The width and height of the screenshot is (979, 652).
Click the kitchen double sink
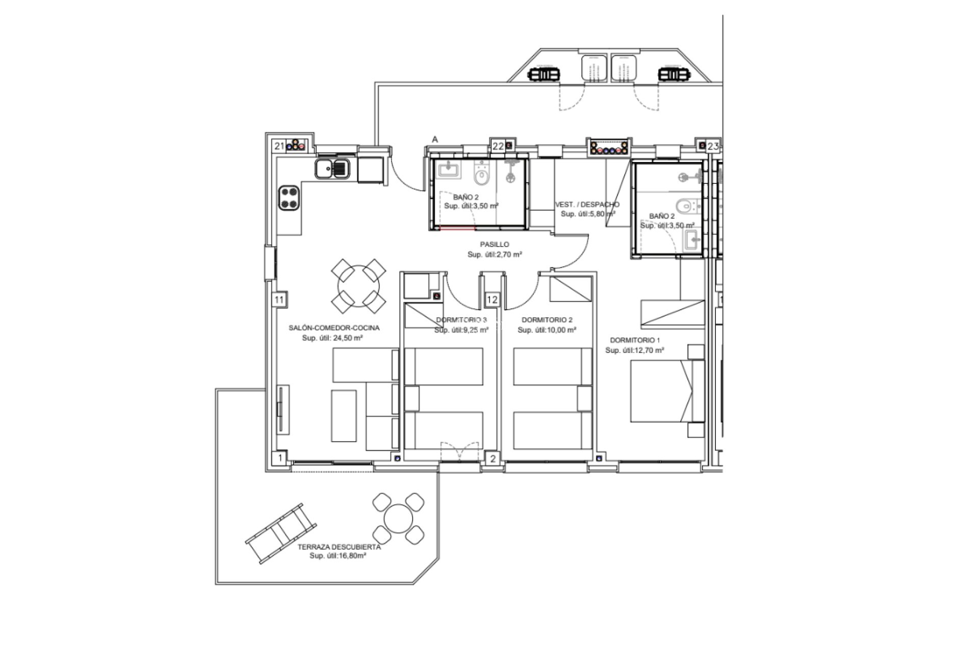coord(332,168)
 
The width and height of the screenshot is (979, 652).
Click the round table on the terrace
coord(398,520)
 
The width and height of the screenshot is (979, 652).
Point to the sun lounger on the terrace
coord(280,532)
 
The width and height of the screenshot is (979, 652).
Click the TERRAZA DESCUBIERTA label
coord(339,547)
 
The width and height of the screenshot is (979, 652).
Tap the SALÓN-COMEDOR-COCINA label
coord(333,328)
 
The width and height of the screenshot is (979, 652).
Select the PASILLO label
coord(494,244)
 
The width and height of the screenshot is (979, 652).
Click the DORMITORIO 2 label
coord(547,320)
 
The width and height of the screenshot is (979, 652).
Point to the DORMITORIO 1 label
coord(635,340)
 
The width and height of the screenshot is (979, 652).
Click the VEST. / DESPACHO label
coord(587,205)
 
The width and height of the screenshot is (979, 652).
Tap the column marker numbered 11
coord(279,300)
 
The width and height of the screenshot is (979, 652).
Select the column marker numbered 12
coord(492,300)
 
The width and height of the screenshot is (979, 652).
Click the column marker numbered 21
coord(279,146)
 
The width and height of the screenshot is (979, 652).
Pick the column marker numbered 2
coord(493,459)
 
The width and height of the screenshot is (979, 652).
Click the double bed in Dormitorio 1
coord(662,391)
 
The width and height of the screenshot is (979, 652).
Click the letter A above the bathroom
coord(435,139)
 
